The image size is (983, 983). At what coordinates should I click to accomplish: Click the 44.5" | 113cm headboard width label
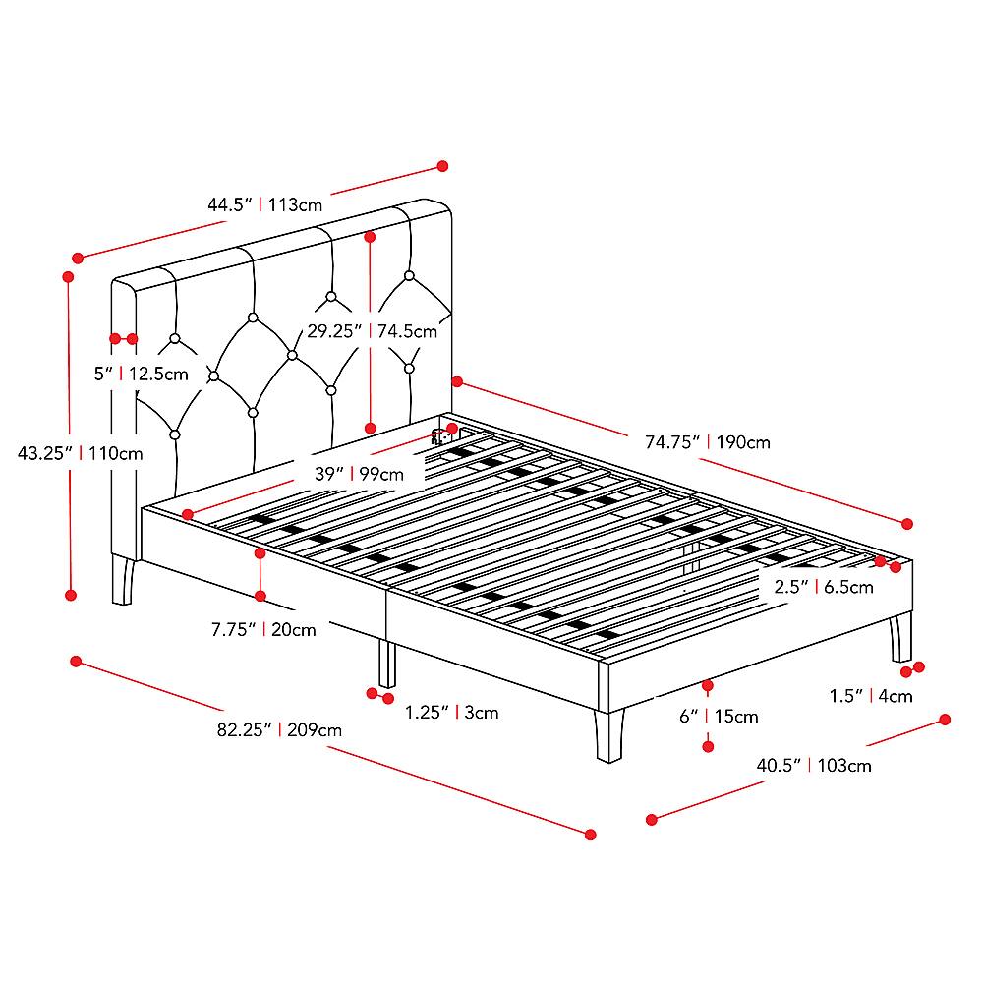(x=264, y=205)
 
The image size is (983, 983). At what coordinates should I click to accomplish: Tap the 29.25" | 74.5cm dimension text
(x=371, y=331)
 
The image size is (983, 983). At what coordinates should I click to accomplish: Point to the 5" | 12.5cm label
(x=141, y=374)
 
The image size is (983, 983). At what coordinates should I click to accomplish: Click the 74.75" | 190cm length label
(x=707, y=442)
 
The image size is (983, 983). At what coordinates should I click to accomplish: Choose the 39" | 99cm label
(x=359, y=474)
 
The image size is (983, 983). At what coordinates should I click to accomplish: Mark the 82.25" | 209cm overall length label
(x=280, y=729)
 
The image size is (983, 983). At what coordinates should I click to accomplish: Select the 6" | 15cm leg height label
(x=719, y=716)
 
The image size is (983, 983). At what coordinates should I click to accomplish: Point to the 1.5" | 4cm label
(x=870, y=696)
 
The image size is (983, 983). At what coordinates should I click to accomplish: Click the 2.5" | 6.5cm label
(x=823, y=587)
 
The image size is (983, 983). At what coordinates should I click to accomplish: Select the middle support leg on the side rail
(x=387, y=664)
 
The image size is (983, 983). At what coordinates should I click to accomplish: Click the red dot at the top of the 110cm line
(x=69, y=278)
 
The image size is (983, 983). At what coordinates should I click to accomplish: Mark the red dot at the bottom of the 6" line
(x=708, y=747)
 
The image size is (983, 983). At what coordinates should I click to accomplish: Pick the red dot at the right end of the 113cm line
(x=442, y=166)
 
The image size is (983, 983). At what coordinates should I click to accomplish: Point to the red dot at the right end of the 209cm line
(x=591, y=834)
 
